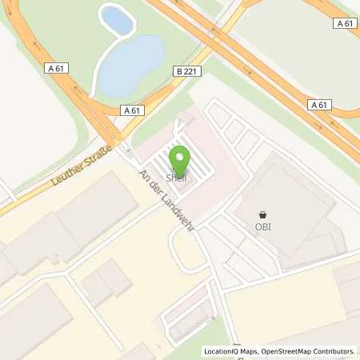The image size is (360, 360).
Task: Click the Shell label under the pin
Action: [176, 177]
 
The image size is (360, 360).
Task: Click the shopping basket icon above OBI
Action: [264, 214]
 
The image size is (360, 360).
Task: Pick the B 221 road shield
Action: [183, 71]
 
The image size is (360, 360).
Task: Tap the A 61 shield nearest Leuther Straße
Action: [132, 110]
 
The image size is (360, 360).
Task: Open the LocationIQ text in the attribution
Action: [221, 351]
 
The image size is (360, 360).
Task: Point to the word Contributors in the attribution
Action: [334, 351]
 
